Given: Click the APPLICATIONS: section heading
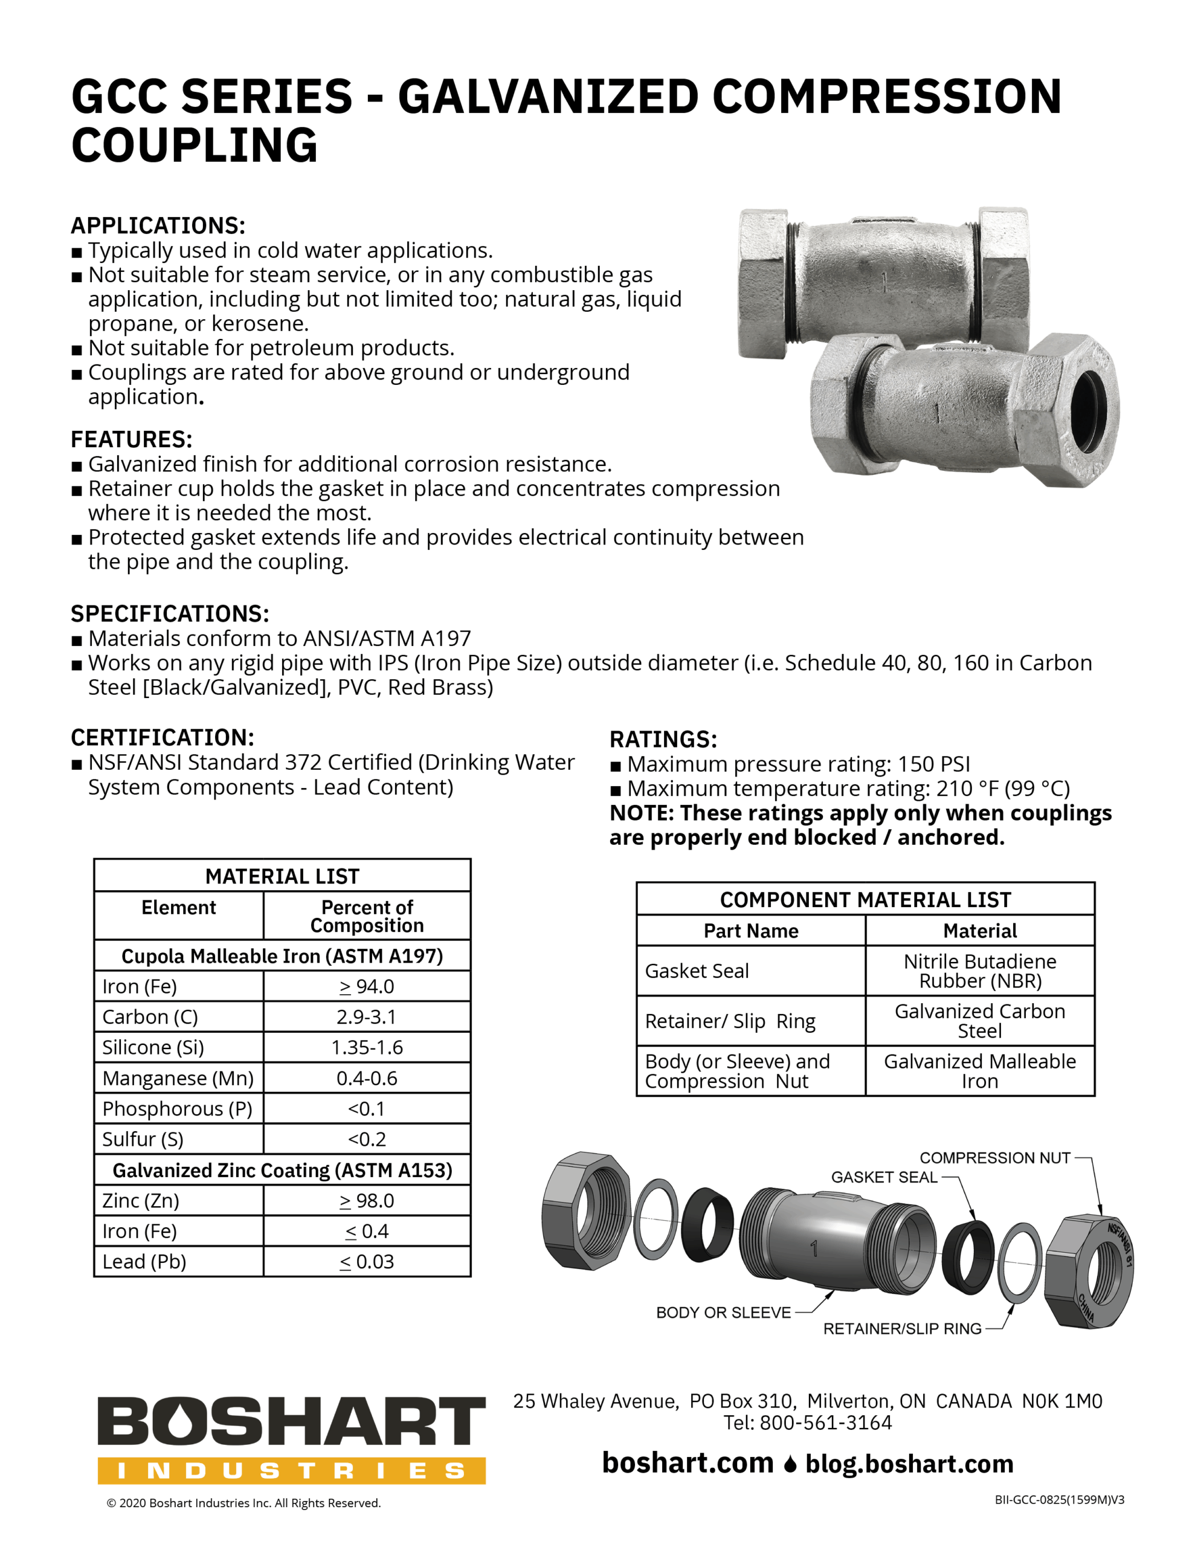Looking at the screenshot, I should coord(158,225).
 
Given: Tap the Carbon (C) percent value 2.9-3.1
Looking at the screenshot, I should coord(366,1016).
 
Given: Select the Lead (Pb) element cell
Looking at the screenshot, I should coord(144,1262).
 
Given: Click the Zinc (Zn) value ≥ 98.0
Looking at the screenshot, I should coord(366,1201).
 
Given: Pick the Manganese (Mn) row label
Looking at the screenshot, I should coord(178,1078).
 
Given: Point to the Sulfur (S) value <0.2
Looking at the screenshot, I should coord(366,1139).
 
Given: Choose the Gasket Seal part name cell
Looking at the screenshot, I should coord(697,971).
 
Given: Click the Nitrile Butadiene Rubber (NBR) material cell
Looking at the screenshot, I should coord(980,971).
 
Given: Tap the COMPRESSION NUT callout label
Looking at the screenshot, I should coord(994,1157).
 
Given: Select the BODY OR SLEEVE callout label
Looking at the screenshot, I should coord(723,1313).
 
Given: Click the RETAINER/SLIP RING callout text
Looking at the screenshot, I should coord(902,1329).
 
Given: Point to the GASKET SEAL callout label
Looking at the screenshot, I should coord(883,1177).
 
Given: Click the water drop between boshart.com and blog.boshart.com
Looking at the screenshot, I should coord(790,1464).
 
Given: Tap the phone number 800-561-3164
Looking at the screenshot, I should coord(825,1423).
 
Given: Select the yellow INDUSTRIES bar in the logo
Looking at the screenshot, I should coord(291,1471).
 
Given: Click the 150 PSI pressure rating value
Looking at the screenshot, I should coord(933,764).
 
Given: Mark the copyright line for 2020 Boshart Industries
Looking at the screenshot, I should coord(243,1503).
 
